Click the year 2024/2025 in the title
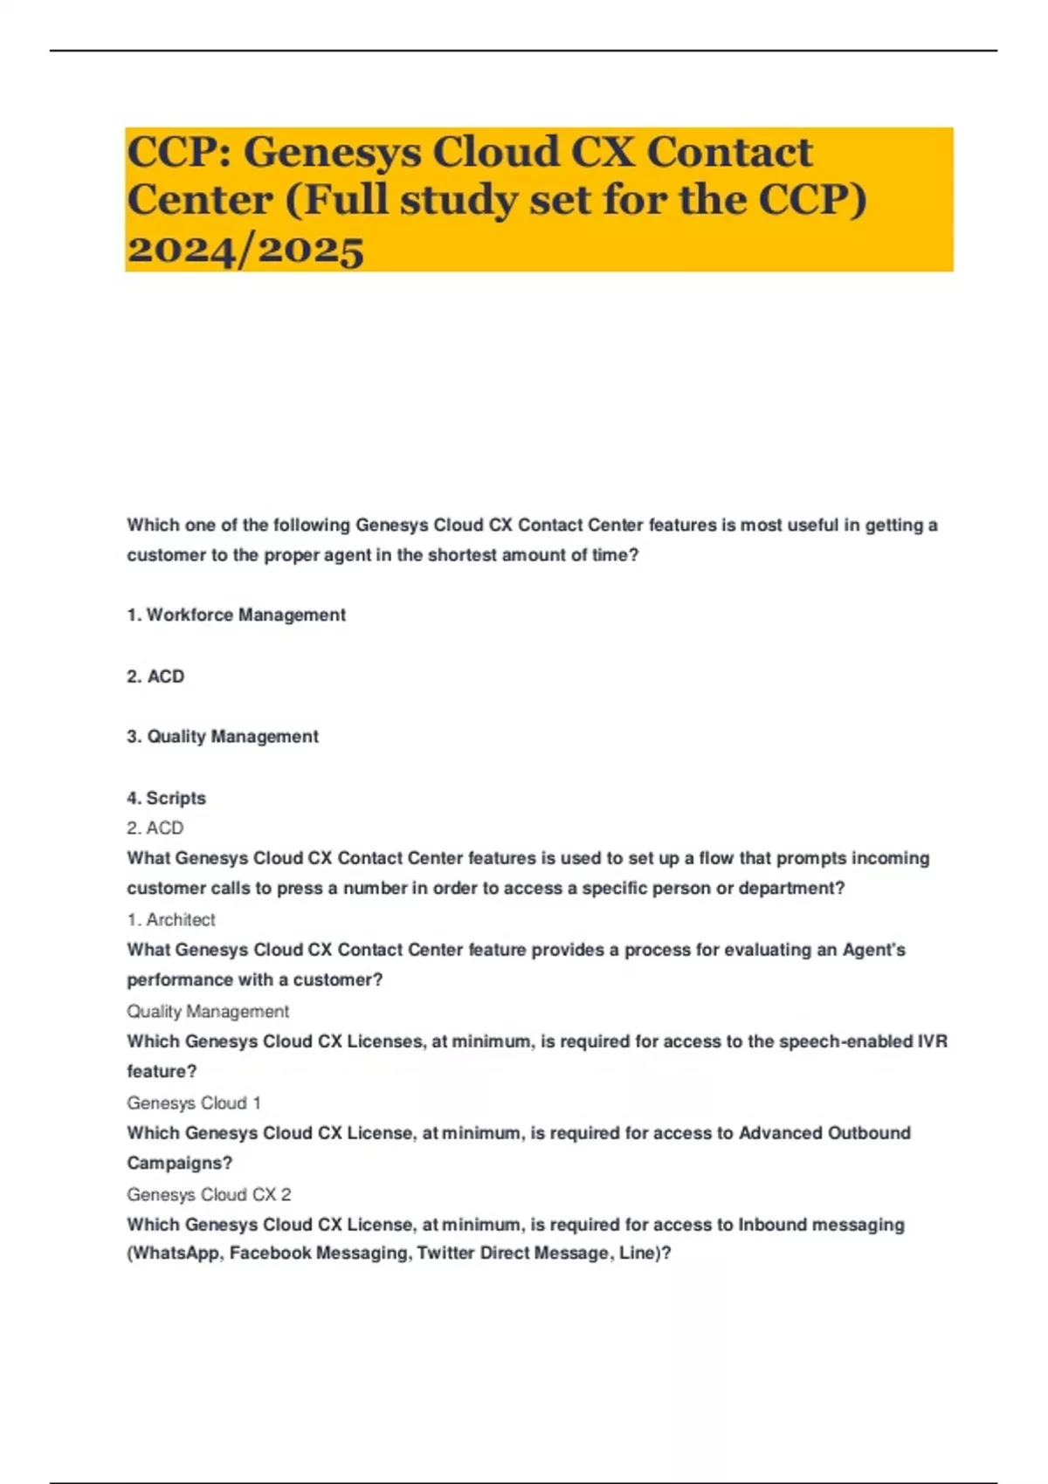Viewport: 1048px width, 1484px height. tap(245, 250)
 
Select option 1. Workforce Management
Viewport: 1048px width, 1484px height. tap(236, 615)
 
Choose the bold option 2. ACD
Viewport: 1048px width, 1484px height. tap(155, 677)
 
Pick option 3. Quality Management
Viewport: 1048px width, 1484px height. tap(222, 737)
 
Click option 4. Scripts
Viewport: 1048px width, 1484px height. tap(166, 798)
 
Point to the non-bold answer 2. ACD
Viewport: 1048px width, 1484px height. tap(155, 828)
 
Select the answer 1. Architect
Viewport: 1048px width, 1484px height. tap(171, 920)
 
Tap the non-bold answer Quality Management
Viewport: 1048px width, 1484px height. tap(208, 1012)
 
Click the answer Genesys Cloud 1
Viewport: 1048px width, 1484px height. tap(194, 1103)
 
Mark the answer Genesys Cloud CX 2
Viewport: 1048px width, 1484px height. tap(209, 1195)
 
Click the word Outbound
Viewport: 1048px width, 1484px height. tap(868, 1133)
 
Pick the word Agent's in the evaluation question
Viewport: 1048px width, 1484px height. tap(873, 950)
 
